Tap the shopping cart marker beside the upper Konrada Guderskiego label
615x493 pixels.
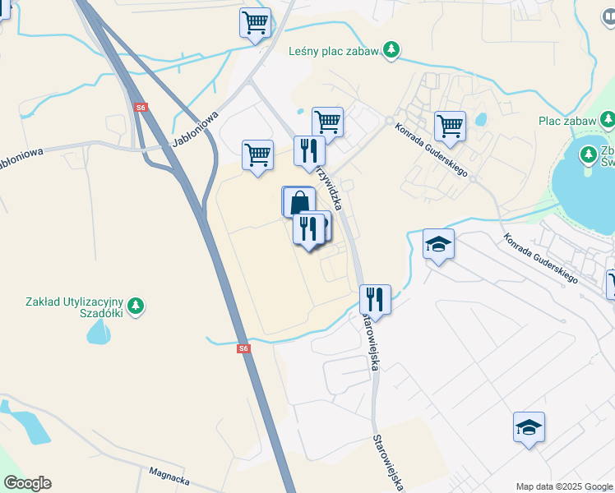(x=450, y=127)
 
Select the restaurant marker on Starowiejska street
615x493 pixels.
(x=375, y=299)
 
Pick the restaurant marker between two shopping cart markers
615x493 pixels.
(x=309, y=150)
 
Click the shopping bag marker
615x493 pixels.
(x=299, y=201)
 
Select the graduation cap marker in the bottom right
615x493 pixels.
(x=529, y=427)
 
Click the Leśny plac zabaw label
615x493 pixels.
(x=333, y=51)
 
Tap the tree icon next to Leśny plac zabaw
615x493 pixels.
(x=393, y=50)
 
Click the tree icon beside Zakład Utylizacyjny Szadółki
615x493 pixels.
(x=136, y=306)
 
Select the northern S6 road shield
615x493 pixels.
(x=141, y=108)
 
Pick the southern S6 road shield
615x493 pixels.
(x=243, y=348)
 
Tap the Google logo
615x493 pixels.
(x=27, y=483)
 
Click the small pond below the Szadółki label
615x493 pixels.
(x=98, y=331)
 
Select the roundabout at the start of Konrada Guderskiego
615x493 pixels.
(x=389, y=120)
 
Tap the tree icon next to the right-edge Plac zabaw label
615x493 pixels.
(x=608, y=121)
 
